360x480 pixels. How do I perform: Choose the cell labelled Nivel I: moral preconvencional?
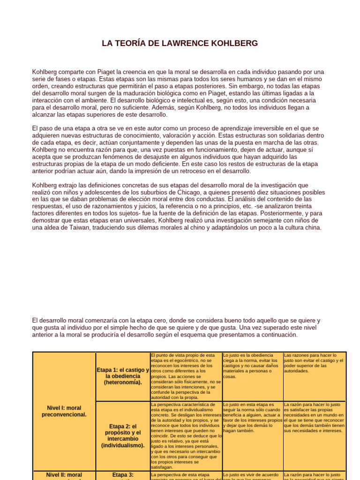64,411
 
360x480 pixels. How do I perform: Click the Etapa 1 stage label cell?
123,376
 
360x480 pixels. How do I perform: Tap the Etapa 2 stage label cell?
123,436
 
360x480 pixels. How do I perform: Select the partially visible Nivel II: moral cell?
64,475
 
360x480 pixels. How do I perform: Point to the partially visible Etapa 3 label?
123,475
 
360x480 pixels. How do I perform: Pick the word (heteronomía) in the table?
123,382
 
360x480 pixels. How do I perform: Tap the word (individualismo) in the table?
123,445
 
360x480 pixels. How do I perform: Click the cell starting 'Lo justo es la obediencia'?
253,366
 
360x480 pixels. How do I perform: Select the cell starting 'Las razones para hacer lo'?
314,363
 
